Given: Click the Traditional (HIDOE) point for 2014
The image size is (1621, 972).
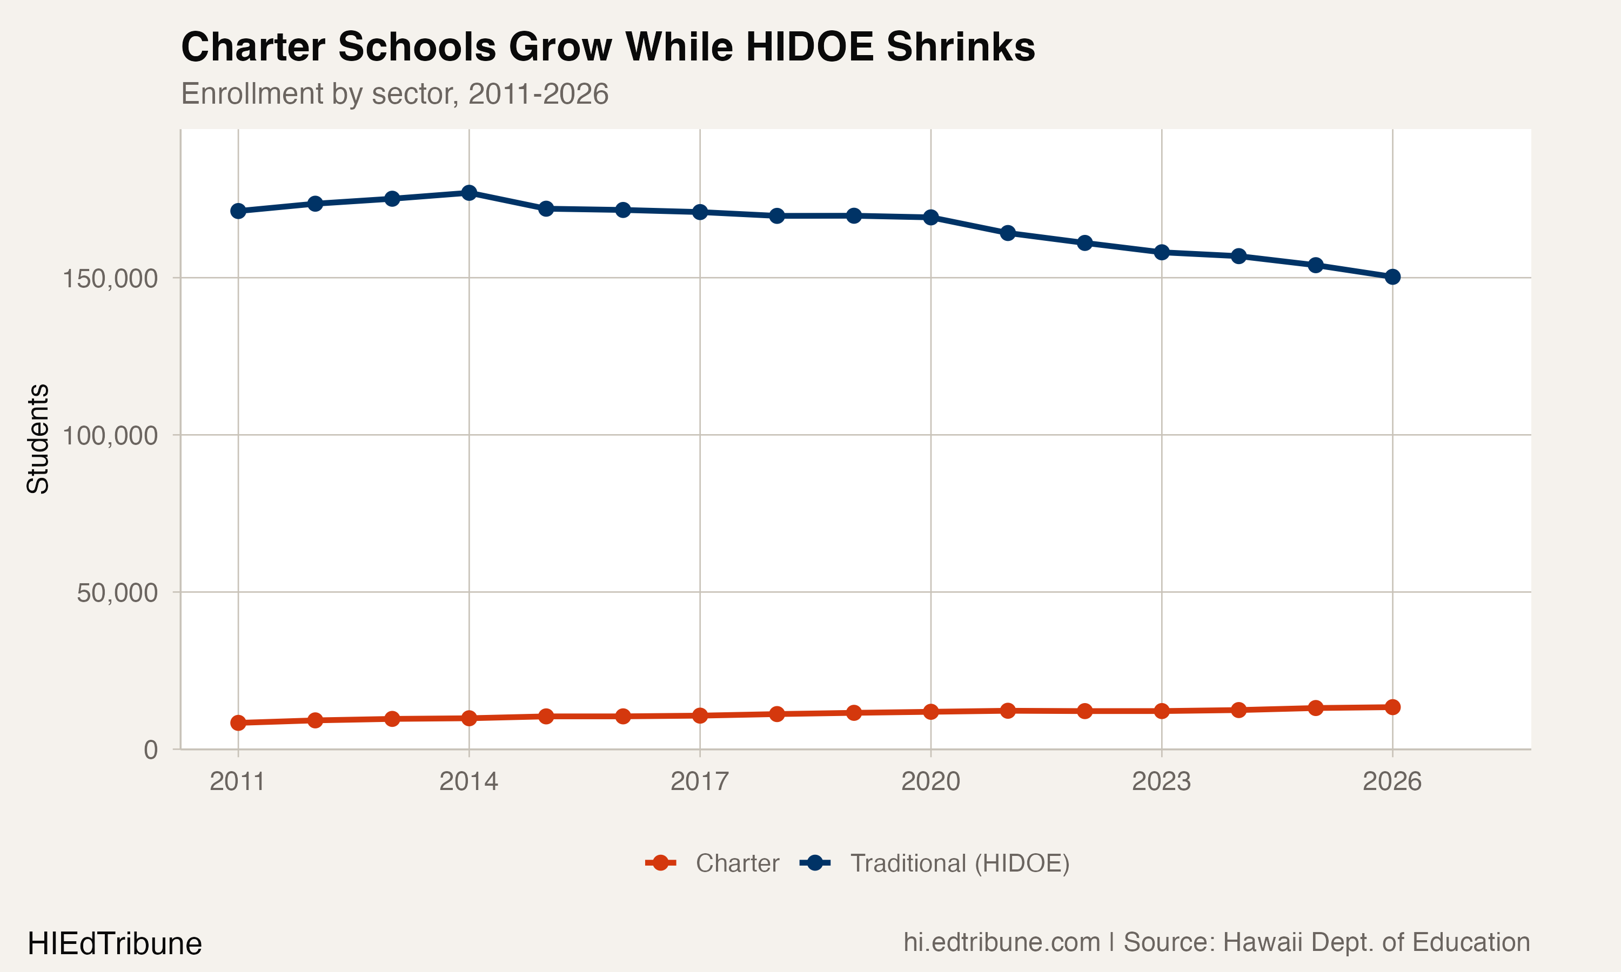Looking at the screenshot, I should click(x=469, y=193).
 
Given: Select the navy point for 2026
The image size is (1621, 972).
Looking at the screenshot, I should click(x=1392, y=277).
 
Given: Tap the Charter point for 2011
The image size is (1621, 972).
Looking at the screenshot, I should click(x=238, y=723).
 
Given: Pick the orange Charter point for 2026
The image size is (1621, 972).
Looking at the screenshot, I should click(x=1392, y=707).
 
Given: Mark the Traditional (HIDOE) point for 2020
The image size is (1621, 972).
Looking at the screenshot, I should click(x=931, y=218).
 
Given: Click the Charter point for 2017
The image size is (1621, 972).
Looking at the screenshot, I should click(x=700, y=716).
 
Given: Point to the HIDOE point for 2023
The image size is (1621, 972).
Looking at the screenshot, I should click(x=1162, y=252).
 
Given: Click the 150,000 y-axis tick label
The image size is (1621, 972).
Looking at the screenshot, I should click(x=110, y=278).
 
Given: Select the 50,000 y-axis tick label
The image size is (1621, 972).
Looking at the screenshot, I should click(x=117, y=593).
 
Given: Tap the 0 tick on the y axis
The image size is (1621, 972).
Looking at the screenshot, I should click(x=151, y=750).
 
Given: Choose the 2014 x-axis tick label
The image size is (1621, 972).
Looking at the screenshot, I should click(x=469, y=781).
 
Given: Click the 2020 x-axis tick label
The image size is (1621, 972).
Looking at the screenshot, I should click(x=930, y=781).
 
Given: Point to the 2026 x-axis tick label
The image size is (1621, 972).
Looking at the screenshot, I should click(x=1392, y=781).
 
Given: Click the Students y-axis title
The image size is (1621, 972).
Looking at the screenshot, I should click(x=38, y=439).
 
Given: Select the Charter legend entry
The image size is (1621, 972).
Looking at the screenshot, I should click(x=714, y=863).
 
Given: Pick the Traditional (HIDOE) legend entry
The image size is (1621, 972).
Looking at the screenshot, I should click(x=937, y=863).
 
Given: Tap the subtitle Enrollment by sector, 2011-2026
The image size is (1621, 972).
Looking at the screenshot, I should click(x=394, y=93).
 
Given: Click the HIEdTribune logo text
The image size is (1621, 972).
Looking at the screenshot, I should click(x=115, y=944).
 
